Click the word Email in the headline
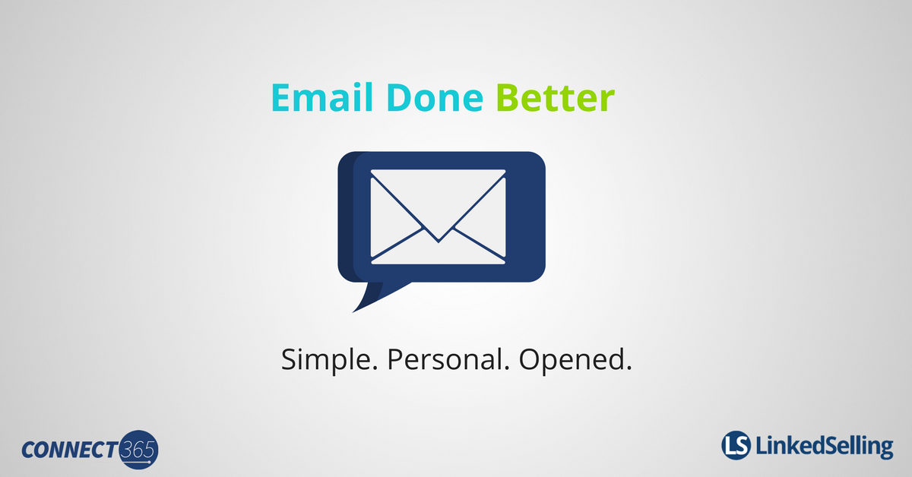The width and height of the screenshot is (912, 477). tap(322, 97)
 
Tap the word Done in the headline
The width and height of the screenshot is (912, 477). tap(435, 98)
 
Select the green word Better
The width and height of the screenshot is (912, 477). tap(556, 98)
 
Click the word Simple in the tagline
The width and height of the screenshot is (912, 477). tap(326, 360)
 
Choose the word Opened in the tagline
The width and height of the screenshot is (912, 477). tap(572, 360)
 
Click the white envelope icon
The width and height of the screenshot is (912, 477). tap(438, 217)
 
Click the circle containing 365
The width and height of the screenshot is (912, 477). tap(139, 450)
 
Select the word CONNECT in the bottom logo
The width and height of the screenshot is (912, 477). tap(70, 450)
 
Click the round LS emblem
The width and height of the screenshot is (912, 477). tap(736, 445)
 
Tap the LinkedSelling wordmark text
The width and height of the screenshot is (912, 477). tap(825, 447)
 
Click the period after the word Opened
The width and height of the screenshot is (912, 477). tap(629, 368)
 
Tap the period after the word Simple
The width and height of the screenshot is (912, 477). tap(375, 368)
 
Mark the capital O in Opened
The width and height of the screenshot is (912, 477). tap(530, 359)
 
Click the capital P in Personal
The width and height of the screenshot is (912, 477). tap(395, 359)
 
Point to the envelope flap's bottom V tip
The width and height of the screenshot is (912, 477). tap(439, 242)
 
